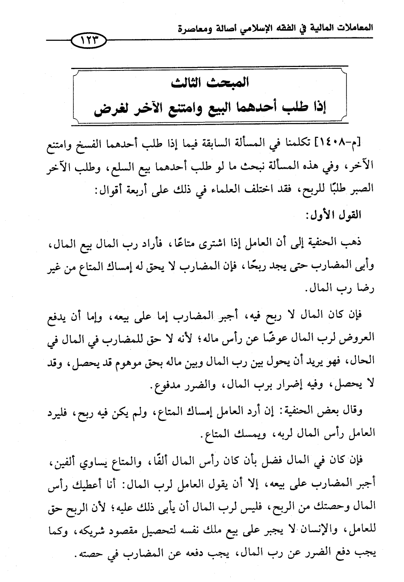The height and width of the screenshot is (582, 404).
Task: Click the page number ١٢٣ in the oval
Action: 88,42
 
